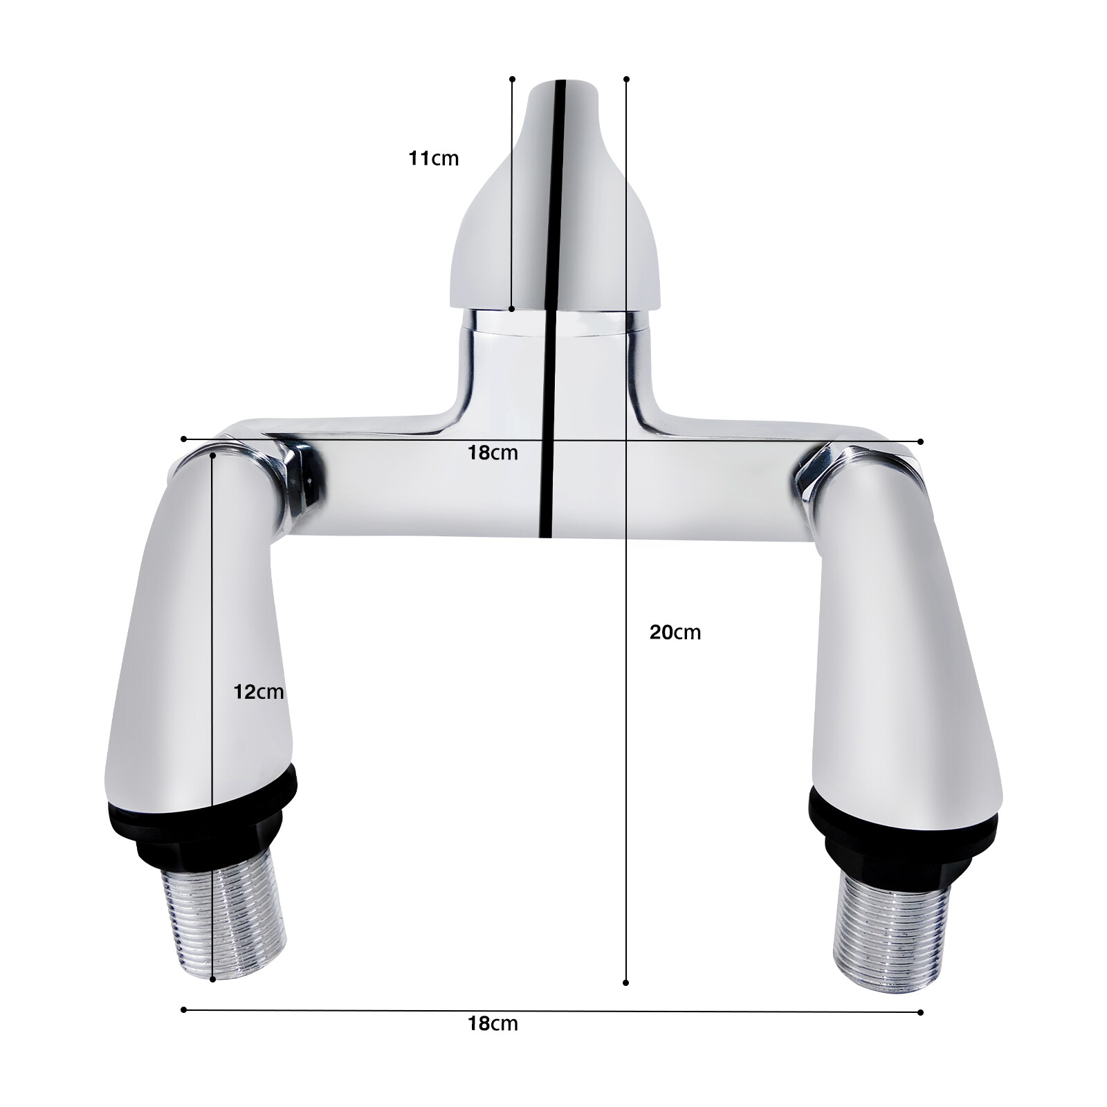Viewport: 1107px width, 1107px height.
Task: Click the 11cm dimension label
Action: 434,158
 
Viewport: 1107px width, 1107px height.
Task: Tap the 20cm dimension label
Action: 675,632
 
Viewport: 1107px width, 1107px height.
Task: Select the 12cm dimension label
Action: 258,691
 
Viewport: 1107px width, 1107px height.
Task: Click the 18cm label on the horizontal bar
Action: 493,452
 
